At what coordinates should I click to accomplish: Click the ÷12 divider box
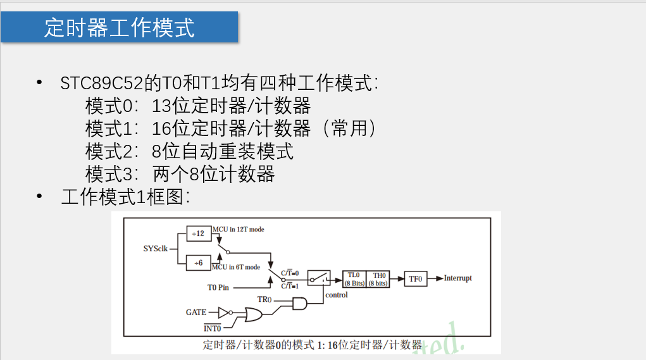[x=199, y=233]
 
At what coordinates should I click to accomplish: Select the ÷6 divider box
[x=199, y=263]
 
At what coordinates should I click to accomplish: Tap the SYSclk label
[x=156, y=248]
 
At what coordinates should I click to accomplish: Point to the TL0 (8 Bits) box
[x=354, y=279]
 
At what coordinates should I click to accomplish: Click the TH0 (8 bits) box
[x=378, y=279]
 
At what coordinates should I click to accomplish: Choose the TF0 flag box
[x=416, y=278]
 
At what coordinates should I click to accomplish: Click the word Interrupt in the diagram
[x=457, y=278]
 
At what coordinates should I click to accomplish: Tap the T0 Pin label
[x=218, y=287]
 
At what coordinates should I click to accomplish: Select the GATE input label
[x=196, y=313]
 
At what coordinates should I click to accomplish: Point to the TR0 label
[x=264, y=299]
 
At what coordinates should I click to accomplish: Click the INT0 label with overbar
[x=212, y=328]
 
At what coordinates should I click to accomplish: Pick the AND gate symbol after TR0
[x=299, y=304]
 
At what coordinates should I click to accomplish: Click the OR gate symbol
[x=255, y=314]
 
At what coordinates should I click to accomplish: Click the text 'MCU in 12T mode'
[x=238, y=230]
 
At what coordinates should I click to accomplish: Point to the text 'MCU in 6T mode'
[x=236, y=267]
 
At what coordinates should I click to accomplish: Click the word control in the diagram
[x=336, y=295]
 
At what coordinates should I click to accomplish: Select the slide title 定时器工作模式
[x=120, y=27]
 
